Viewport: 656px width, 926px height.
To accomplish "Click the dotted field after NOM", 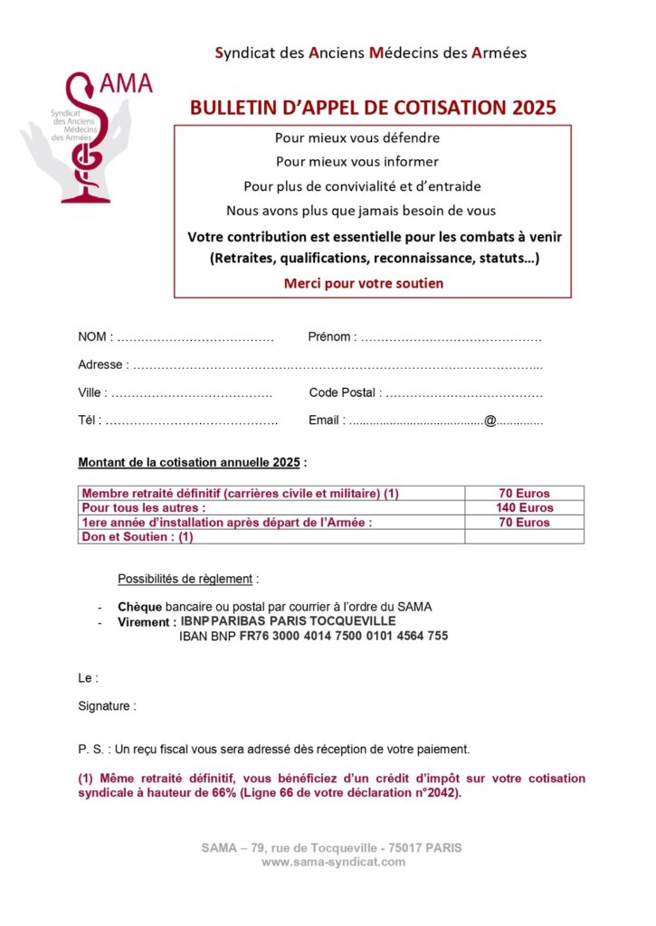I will (195, 338).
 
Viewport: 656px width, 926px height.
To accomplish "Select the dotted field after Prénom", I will (450, 338).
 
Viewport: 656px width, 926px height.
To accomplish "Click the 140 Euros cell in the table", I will (524, 508).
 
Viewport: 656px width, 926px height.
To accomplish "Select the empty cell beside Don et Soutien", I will (524, 537).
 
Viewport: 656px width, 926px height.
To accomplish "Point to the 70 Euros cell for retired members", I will (524, 494).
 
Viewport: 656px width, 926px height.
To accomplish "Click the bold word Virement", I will (146, 622).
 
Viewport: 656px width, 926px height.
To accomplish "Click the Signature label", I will (107, 706).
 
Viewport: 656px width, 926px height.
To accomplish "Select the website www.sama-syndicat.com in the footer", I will (332, 863).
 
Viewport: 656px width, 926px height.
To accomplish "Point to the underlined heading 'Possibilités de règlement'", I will (188, 578).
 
